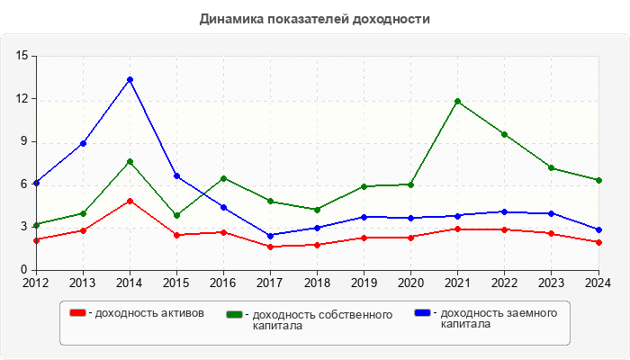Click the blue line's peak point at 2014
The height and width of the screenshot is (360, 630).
pos(130,79)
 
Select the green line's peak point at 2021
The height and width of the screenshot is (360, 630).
pos(457,101)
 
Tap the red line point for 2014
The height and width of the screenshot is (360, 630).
pos(130,201)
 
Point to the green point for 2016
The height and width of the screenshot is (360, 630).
pos(223,178)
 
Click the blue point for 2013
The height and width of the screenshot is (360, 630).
pos(83,143)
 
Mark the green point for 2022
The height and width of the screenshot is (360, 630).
pos(504,134)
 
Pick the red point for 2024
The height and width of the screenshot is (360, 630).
pos(598,242)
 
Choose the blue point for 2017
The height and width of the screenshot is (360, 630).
pos(270,236)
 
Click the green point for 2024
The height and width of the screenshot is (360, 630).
pos(598,180)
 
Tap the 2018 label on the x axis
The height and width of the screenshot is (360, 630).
pos(317,283)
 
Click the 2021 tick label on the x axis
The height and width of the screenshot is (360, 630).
pos(457,283)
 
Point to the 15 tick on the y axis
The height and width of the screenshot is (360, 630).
pos(22,56)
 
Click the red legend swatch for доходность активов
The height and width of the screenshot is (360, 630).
pos(77,312)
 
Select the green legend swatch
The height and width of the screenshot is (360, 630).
pos(235,314)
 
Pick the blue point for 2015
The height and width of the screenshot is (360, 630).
pos(176,175)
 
